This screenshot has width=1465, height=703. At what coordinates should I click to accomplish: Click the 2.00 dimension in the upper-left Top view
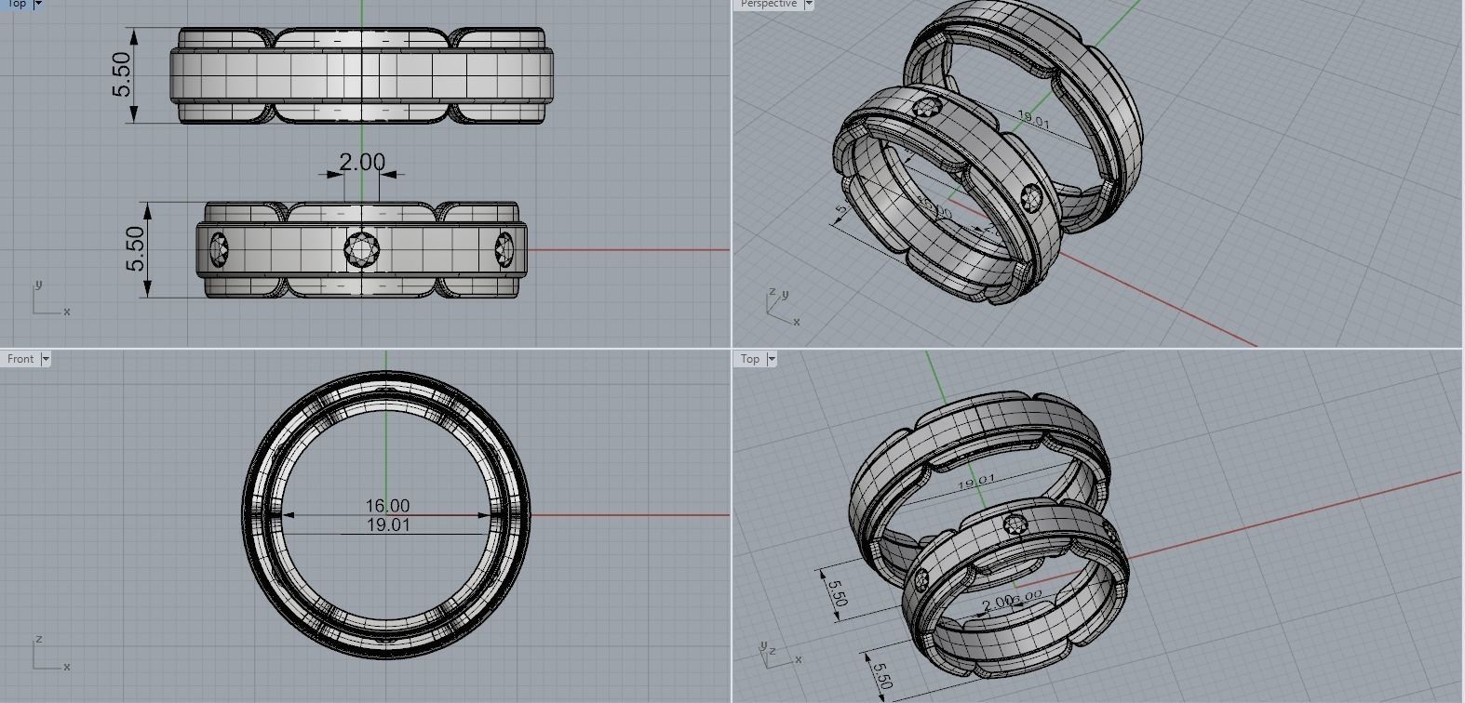pyautogui.click(x=361, y=163)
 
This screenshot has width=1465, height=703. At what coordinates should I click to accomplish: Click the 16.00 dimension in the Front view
pyautogui.click(x=387, y=506)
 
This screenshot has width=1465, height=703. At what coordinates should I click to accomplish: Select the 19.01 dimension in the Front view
pyautogui.click(x=387, y=525)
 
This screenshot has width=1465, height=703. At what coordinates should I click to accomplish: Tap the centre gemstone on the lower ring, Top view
pyautogui.click(x=361, y=249)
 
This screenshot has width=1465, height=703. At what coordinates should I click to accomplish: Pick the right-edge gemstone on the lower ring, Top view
pyautogui.click(x=504, y=248)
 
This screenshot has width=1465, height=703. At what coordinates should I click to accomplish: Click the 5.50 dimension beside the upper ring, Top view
pyautogui.click(x=122, y=75)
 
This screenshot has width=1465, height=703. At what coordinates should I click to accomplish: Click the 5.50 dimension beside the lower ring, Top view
pyautogui.click(x=136, y=249)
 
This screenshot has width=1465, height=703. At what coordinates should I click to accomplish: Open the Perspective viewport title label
pyautogui.click(x=769, y=4)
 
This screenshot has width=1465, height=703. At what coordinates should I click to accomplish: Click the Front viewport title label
pyautogui.click(x=20, y=359)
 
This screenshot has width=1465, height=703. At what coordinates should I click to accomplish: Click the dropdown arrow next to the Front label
pyautogui.click(x=45, y=359)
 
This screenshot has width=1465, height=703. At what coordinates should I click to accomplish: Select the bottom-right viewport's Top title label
pyautogui.click(x=750, y=359)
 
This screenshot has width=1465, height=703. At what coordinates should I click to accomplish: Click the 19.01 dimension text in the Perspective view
pyautogui.click(x=1033, y=121)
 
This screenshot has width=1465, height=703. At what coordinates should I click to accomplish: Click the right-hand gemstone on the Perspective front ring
pyautogui.click(x=1031, y=196)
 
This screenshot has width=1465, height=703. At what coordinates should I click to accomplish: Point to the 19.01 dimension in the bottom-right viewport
pyautogui.click(x=975, y=481)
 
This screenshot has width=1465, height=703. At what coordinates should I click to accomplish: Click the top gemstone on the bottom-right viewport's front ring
pyautogui.click(x=1016, y=524)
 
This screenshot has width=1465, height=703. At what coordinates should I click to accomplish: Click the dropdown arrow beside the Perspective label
pyautogui.click(x=808, y=4)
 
